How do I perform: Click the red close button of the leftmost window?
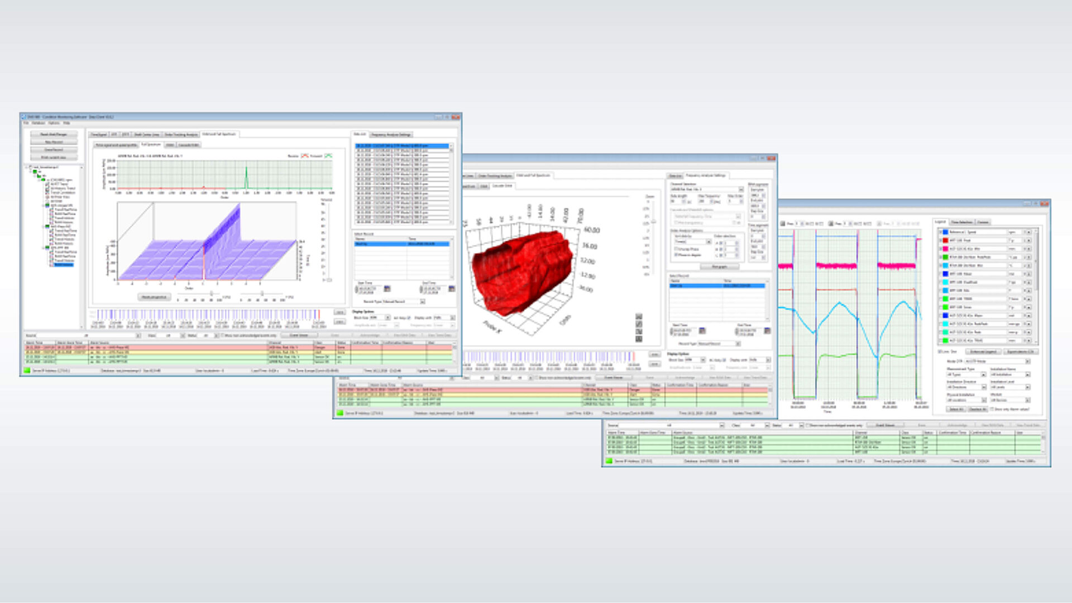(456, 117)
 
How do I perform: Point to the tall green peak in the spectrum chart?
(246, 178)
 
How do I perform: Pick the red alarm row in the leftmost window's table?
(167, 347)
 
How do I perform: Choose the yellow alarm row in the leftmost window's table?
(167, 352)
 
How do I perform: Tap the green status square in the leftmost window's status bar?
(27, 370)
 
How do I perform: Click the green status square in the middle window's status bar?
(339, 413)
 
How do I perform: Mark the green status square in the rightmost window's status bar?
(609, 461)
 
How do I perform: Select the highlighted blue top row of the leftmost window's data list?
(402, 146)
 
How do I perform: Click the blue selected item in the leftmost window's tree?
(63, 265)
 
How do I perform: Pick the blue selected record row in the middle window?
(717, 286)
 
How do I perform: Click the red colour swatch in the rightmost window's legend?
(945, 240)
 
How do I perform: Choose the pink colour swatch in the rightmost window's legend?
(945, 248)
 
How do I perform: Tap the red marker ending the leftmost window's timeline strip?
(319, 314)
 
